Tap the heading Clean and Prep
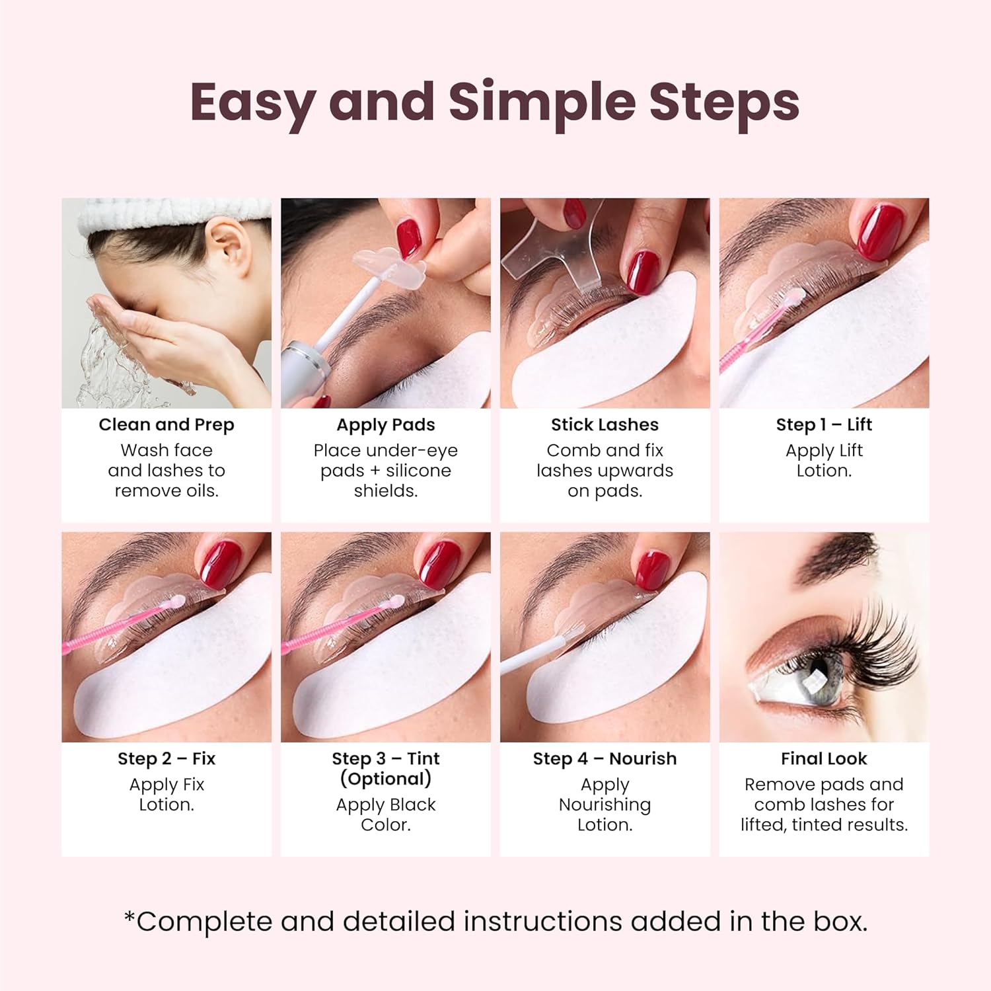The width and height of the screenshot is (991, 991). click(166, 424)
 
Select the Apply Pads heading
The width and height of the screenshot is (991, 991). click(386, 424)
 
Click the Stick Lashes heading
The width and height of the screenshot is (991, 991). click(605, 424)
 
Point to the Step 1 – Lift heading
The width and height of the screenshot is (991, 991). click(824, 424)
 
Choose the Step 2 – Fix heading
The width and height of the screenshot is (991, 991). click(166, 758)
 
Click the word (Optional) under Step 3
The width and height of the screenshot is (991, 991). click(386, 779)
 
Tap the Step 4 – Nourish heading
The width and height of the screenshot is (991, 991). click(605, 758)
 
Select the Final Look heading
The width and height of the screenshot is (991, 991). click(824, 758)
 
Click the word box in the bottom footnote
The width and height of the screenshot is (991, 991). click(840, 922)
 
